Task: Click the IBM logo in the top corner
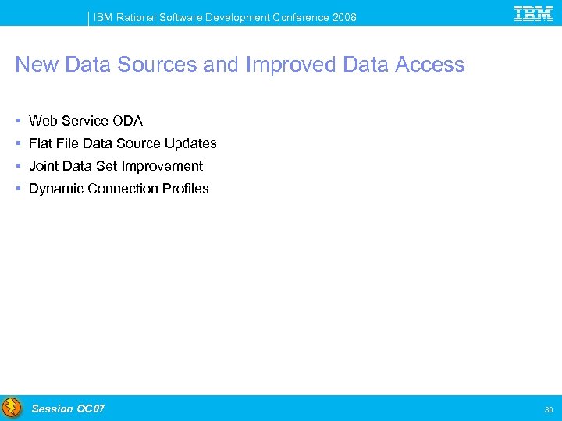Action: tap(534, 13)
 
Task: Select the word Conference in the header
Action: tap(301, 17)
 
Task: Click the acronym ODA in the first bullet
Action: tap(127, 121)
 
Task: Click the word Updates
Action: tap(190, 143)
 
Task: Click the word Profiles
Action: tap(185, 189)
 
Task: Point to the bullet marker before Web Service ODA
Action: tap(18, 121)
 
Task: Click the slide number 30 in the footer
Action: tap(549, 409)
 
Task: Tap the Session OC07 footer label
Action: tap(68, 409)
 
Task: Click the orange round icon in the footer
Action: tap(12, 408)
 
